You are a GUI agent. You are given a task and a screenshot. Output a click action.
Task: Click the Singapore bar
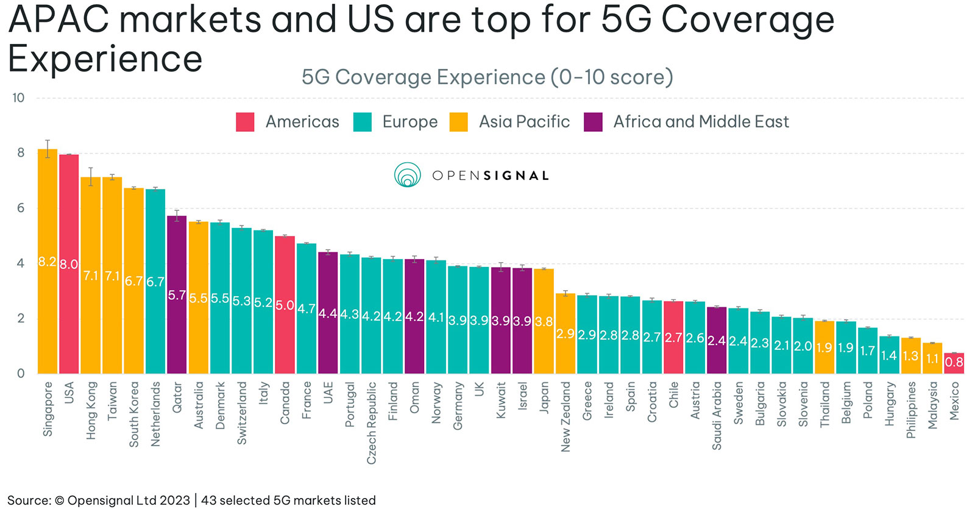coord(48,262)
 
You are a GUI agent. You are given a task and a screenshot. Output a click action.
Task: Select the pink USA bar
coord(69,264)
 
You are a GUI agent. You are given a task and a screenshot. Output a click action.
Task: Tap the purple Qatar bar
coord(177,294)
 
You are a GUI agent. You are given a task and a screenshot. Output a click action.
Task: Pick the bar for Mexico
coord(954,363)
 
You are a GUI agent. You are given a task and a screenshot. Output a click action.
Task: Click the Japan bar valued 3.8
coord(544,321)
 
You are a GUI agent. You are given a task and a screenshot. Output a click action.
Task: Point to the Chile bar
coord(673,337)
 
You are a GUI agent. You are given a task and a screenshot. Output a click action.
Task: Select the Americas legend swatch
coord(245,122)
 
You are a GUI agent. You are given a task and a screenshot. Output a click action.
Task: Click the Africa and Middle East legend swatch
coord(593,122)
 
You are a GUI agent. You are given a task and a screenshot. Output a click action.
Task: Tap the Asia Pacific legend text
coord(524,122)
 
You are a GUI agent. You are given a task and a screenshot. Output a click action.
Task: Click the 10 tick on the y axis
coord(18,98)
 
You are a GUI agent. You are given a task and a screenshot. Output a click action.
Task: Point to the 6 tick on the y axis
coord(21,208)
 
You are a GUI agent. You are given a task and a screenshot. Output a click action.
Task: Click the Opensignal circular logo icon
coord(407,175)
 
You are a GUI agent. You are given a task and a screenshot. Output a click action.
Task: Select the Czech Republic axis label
coord(371,422)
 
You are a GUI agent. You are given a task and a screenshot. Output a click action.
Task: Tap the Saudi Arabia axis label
coord(717,416)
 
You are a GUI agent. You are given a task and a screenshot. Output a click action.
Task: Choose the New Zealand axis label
coord(565,417)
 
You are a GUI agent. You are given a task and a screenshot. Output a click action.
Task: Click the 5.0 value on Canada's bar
coord(285,305)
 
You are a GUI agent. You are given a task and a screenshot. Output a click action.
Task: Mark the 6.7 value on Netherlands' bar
coord(155,282)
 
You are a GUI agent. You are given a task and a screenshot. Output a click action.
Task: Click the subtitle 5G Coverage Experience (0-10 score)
coord(487,77)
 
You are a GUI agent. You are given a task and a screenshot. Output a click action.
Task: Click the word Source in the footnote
coord(29,500)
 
